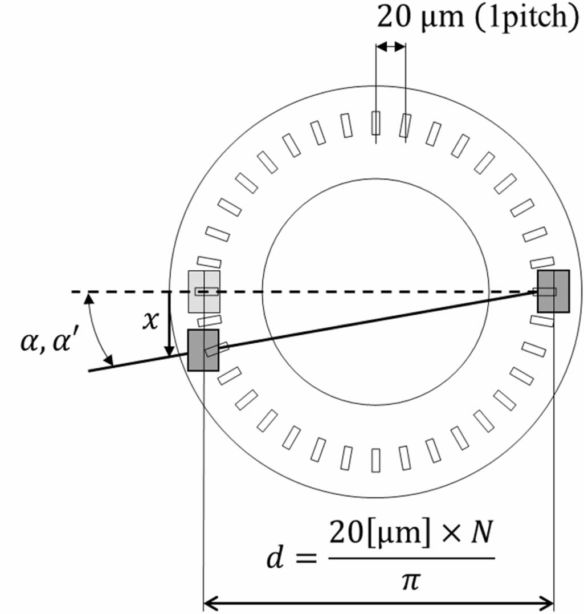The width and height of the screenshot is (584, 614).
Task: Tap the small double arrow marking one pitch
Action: click(x=390, y=47)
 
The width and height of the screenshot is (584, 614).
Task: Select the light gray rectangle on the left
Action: click(x=204, y=291)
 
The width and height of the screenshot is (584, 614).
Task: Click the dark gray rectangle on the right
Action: click(x=553, y=291)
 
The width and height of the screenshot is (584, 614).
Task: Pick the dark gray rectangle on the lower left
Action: click(x=203, y=350)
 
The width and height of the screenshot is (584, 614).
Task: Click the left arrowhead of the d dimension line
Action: click(x=210, y=601)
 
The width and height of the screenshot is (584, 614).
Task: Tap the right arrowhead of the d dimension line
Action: click(x=548, y=601)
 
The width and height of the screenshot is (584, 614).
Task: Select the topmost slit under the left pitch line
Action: click(x=375, y=123)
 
